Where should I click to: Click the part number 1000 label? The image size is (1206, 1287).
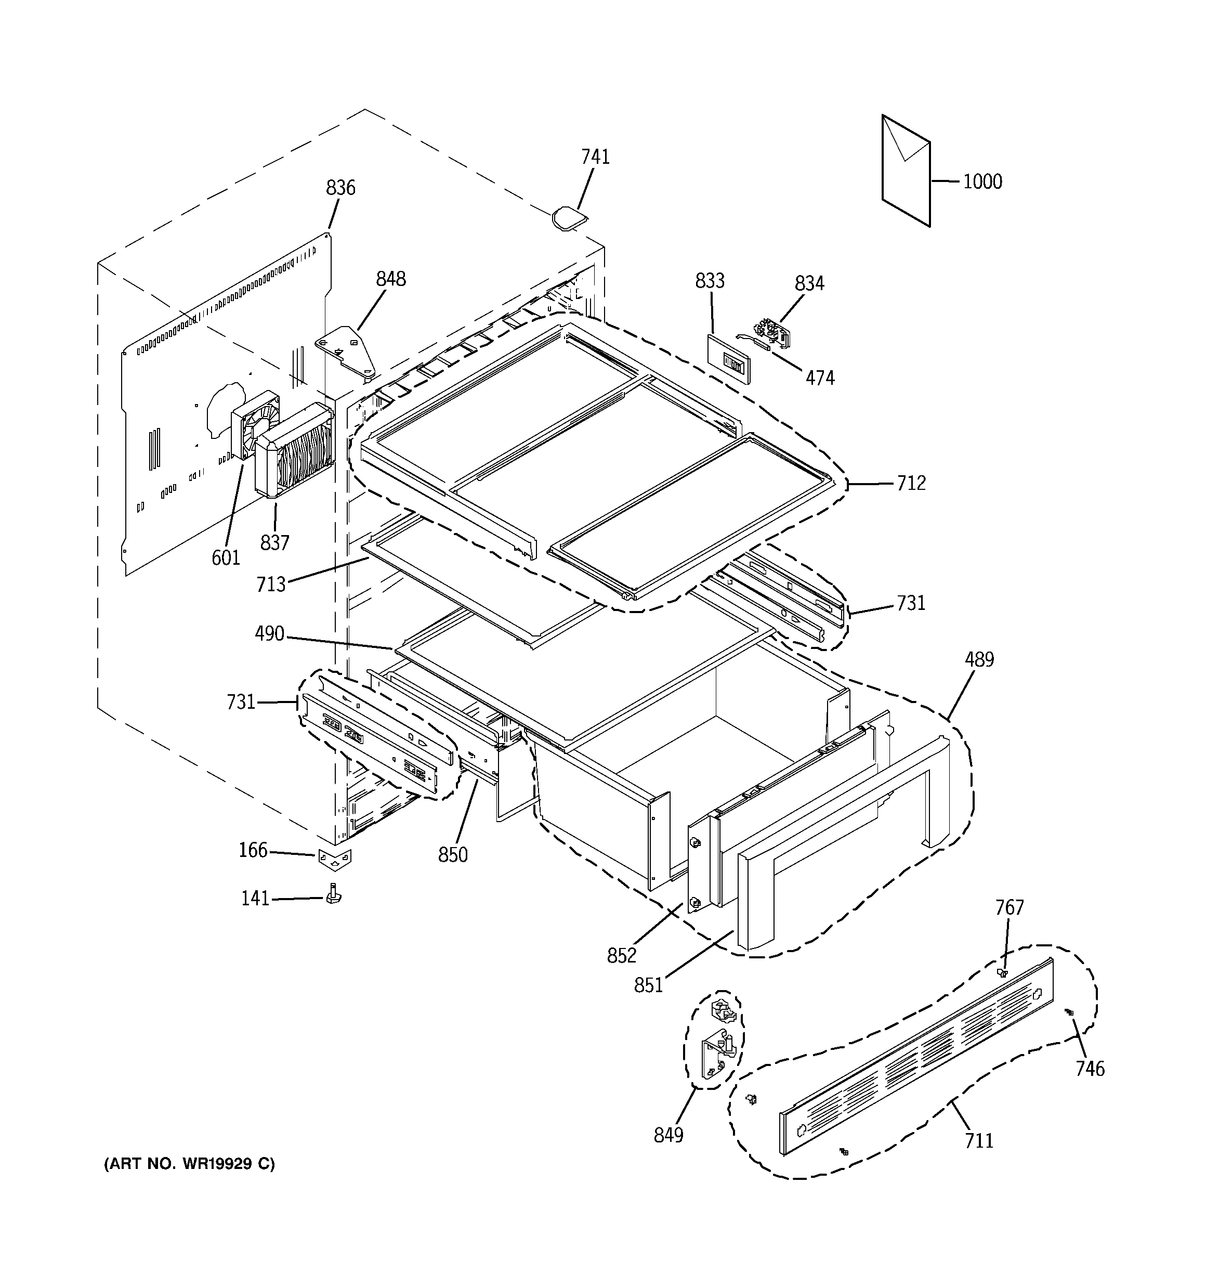pyautogui.click(x=982, y=182)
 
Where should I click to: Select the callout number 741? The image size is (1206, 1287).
pyautogui.click(x=595, y=158)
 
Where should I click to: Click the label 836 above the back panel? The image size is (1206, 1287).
pyautogui.click(x=340, y=188)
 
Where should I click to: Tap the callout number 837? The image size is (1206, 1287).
pyautogui.click(x=274, y=542)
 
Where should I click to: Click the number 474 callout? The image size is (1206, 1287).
pyautogui.click(x=820, y=378)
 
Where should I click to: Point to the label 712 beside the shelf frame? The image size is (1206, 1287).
pyautogui.click(x=911, y=483)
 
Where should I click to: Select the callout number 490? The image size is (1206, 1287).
pyautogui.click(x=269, y=634)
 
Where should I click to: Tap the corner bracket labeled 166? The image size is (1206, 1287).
pyautogui.click(x=335, y=859)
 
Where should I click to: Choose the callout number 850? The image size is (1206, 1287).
pyautogui.click(x=452, y=855)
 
